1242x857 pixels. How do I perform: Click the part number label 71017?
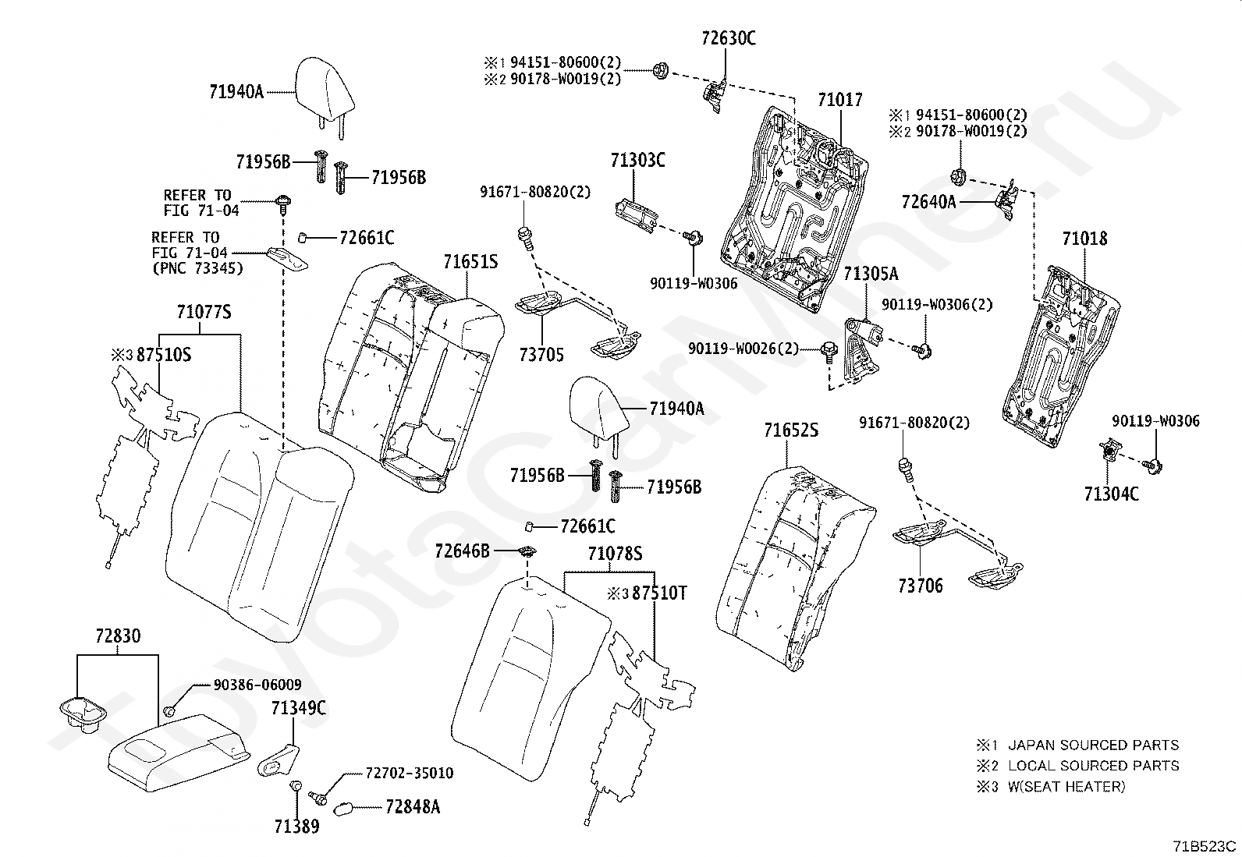tap(840, 100)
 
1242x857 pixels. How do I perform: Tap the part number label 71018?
tap(1084, 239)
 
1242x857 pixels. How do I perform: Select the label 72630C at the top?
tap(728, 38)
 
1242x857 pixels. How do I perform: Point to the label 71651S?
tap(470, 262)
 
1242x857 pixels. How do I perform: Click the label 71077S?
tap(204, 312)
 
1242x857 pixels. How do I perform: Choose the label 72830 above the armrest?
tap(118, 636)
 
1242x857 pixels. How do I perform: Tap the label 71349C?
tap(298, 708)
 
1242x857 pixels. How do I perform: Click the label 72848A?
tap(413, 807)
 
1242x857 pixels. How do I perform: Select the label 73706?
tap(921, 586)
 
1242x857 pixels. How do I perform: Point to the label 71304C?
tap(1111, 494)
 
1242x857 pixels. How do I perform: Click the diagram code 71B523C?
tap(1205, 846)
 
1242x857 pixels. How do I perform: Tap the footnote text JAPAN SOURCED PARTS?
tap(1094, 745)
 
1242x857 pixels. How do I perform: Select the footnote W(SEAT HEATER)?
tap(1066, 787)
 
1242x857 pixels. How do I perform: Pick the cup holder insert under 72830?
tap(82, 714)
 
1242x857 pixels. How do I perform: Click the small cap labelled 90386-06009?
tap(169, 710)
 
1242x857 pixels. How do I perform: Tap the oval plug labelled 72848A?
tap(344, 809)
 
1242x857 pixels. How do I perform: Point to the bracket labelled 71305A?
tap(861, 349)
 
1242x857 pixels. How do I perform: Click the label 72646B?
tap(462, 551)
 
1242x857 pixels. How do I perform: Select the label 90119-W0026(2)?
tap(743, 349)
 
